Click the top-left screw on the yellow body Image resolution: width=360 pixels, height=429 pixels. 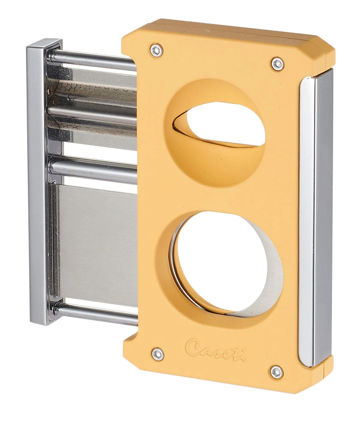[157, 50]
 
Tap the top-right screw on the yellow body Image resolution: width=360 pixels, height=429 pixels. [278, 64]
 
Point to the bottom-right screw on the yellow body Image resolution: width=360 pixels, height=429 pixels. [277, 372]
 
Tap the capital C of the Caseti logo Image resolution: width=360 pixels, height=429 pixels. [194, 346]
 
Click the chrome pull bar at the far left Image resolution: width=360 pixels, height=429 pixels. [39, 180]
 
